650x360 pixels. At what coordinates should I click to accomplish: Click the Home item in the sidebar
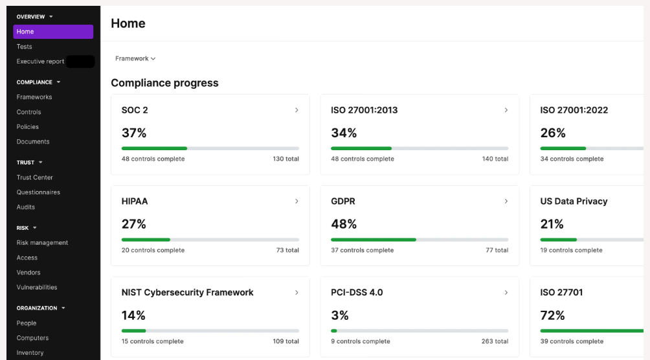pos(53,32)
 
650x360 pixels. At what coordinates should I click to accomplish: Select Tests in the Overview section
pos(24,47)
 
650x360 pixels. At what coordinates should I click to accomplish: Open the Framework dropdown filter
pos(135,58)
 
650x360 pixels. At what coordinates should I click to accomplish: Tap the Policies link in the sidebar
pos(27,126)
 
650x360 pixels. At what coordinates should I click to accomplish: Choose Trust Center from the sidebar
pos(34,177)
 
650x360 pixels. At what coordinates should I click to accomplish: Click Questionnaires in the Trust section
pos(38,192)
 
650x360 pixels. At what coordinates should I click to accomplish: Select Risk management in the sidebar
pos(42,243)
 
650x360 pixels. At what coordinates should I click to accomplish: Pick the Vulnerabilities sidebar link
pos(37,287)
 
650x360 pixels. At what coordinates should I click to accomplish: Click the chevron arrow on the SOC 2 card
pos(297,110)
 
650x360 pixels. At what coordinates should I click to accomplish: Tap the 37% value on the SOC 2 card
pos(134,133)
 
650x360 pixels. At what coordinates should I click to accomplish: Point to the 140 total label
pos(495,159)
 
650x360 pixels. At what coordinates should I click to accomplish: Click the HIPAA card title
pos(134,201)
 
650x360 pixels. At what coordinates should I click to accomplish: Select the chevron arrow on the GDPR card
pos(506,201)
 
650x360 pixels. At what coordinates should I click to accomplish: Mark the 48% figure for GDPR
pos(344,224)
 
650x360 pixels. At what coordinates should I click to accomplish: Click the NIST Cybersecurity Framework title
pos(187,293)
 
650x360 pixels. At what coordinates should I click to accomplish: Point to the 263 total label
pos(495,341)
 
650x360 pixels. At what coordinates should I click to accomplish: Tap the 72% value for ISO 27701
pos(553,315)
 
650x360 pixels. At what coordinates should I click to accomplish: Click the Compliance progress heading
pos(164,83)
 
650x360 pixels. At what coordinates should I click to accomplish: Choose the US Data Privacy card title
pos(574,201)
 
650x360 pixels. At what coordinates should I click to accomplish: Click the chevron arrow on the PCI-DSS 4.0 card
pos(506,293)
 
